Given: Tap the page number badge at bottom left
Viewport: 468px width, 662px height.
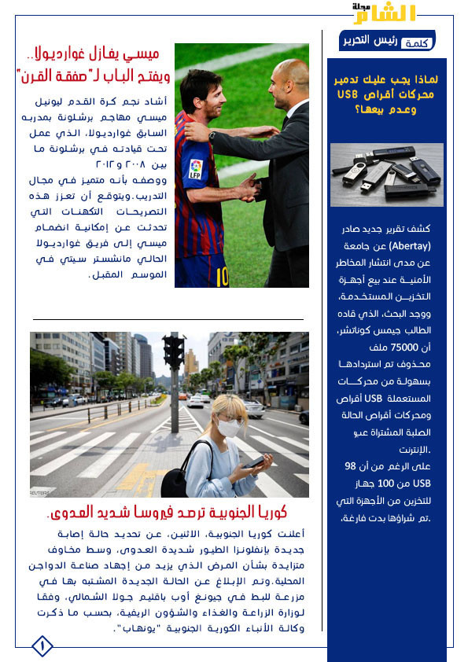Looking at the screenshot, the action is (42, 646).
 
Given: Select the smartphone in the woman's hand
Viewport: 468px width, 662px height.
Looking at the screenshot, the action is (256, 462).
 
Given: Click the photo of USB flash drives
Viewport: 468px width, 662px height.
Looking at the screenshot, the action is (386, 175).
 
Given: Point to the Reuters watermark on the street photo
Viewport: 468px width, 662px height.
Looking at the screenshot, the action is (41, 492).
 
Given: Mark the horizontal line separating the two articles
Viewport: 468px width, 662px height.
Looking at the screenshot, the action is (168, 319).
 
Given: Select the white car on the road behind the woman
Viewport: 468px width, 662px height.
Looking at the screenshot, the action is (253, 408).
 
